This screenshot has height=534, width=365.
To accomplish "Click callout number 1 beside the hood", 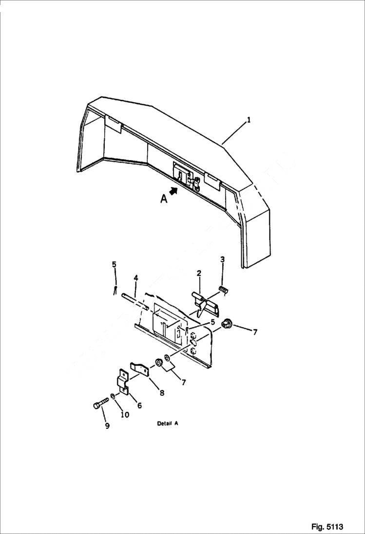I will (249, 120).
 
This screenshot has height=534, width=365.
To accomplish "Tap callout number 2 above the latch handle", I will (199, 274).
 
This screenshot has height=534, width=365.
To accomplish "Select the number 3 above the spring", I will (222, 259).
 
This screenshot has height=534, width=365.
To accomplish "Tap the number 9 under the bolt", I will (107, 426).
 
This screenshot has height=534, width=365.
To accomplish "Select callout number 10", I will (125, 415).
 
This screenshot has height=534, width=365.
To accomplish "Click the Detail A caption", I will (167, 424).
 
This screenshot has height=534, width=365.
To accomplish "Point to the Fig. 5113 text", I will (327, 527).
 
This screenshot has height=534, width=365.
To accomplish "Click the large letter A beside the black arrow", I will (164, 199).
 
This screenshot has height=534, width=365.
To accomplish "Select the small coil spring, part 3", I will (224, 290).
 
